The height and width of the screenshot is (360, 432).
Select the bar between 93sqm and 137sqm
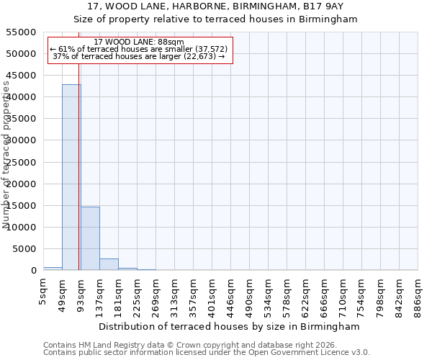90,238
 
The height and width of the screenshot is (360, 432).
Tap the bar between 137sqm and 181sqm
109,264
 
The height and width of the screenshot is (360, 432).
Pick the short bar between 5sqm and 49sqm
53,269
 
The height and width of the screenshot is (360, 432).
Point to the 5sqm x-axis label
43,289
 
